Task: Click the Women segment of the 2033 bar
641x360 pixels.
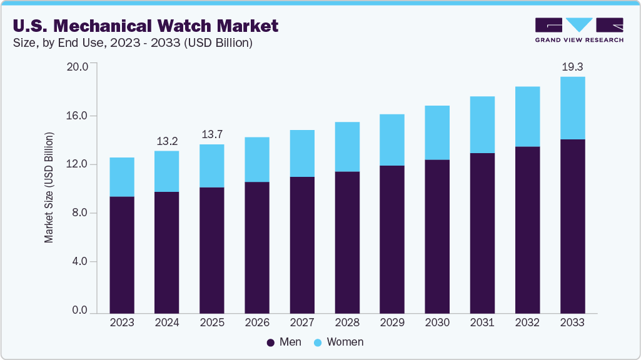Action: click(x=572, y=108)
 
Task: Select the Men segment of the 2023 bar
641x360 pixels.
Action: click(x=122, y=254)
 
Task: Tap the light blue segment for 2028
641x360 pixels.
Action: click(x=347, y=147)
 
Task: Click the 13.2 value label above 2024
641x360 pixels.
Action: click(x=166, y=141)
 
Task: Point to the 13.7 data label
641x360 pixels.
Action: click(x=211, y=135)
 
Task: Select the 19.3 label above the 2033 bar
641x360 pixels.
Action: click(x=572, y=66)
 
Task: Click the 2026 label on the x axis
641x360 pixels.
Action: click(x=257, y=322)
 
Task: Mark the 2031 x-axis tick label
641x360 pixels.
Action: click(x=482, y=322)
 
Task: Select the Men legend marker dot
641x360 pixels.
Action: click(x=271, y=342)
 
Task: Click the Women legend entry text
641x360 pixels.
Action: click(x=345, y=342)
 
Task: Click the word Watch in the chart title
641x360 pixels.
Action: click(x=183, y=26)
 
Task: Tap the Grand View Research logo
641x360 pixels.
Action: click(x=578, y=29)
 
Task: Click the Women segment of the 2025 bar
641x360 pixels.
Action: click(x=211, y=166)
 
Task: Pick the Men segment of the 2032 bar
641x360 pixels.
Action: click(x=527, y=229)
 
